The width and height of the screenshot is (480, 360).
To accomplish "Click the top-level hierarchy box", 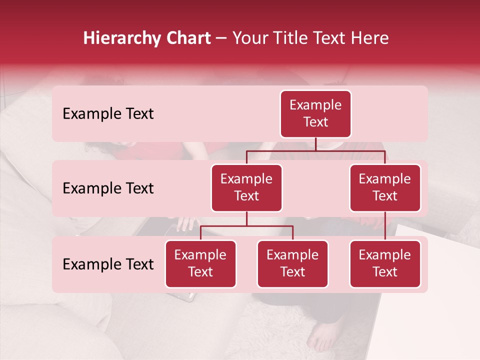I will pyautogui.click(x=315, y=114).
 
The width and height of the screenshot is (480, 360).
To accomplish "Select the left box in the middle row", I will pyautogui.click(x=246, y=188).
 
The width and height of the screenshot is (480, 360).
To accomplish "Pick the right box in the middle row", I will pyautogui.click(x=385, y=188).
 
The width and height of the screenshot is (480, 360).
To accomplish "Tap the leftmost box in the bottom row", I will pyautogui.click(x=200, y=264).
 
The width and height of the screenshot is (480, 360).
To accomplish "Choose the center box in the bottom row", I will pyautogui.click(x=292, y=264).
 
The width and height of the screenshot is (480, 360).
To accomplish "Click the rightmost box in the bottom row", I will pyautogui.click(x=385, y=264).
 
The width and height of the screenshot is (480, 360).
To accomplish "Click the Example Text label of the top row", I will pyautogui.click(x=108, y=114).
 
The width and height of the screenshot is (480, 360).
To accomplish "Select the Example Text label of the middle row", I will pyautogui.click(x=108, y=188).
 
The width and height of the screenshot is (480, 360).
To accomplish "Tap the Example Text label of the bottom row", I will pyautogui.click(x=108, y=264).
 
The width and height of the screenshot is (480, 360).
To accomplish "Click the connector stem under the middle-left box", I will pyautogui.click(x=246, y=219).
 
